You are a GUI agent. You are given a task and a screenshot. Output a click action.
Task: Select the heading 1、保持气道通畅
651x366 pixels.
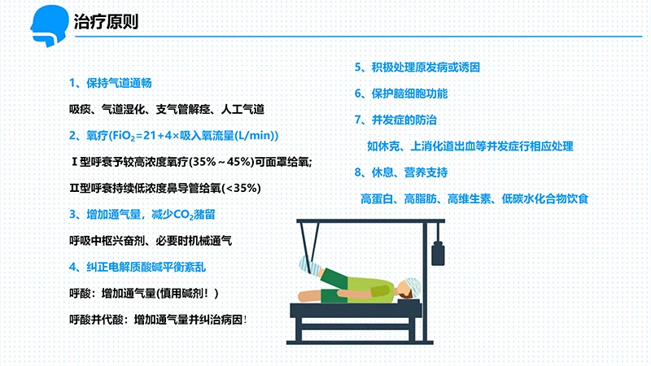[110, 83]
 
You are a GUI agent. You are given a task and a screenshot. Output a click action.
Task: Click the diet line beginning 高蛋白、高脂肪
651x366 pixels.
[474, 198]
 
